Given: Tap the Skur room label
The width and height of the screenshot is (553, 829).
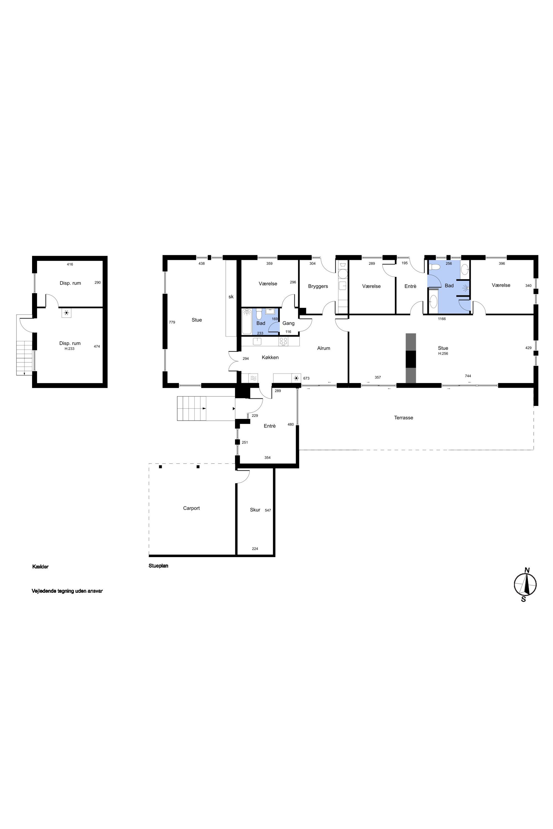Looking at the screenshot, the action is tap(255, 510).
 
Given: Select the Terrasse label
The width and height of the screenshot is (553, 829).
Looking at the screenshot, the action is tap(404, 418).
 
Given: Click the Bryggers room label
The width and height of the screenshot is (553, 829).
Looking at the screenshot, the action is tap(318, 286).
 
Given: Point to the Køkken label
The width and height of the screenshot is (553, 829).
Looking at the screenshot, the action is tap(270, 357).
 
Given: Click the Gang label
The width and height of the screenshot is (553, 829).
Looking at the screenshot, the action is tap(288, 323).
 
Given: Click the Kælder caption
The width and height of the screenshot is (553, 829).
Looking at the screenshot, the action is tap(40, 567).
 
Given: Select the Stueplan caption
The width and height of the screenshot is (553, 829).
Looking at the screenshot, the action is tap(158, 566).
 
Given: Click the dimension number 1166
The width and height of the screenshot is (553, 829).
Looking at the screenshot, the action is tap(442, 319).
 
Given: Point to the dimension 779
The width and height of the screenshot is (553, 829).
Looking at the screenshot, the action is tap(172, 322).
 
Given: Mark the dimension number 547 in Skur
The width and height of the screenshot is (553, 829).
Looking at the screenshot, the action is tap(268, 510).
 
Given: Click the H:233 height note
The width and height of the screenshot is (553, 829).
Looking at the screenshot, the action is tap(69, 348).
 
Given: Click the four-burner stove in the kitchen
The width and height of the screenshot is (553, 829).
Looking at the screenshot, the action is tap(283, 341).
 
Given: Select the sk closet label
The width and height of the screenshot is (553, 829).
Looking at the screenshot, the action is tap(231, 297).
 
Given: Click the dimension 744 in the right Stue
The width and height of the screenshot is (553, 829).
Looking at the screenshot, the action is tap(468, 376).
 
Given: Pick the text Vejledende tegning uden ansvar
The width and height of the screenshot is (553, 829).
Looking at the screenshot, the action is tap(67, 591).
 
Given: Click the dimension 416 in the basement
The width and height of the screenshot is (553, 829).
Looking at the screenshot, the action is tap(70, 264).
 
